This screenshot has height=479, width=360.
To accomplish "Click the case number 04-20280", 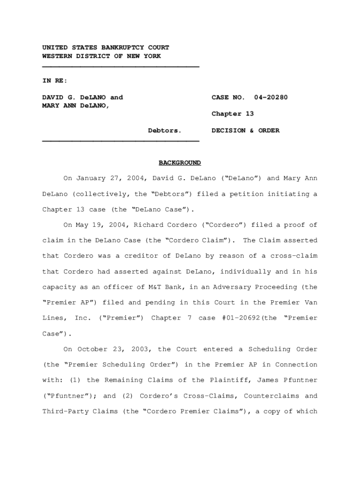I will coord(271,97).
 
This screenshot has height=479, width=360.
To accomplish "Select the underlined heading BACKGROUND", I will coord(180,163).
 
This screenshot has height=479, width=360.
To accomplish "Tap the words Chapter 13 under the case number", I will coord(233,114).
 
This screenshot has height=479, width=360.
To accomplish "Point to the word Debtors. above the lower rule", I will coord(165,131).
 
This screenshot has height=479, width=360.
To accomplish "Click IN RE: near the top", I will coord(55,80).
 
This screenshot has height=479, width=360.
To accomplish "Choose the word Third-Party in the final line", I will coord(61,412).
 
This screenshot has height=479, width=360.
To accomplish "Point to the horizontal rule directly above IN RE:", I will coord(121,67).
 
